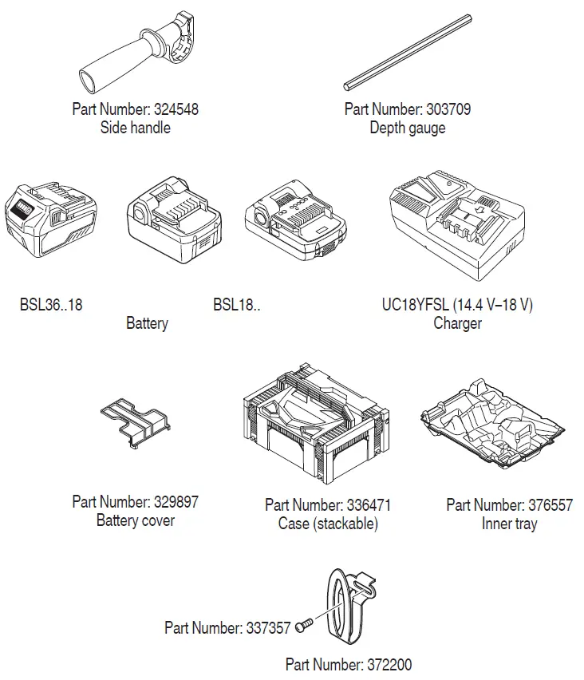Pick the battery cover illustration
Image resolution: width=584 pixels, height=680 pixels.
(x=136, y=423)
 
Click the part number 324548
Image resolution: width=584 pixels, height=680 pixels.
(x=174, y=109)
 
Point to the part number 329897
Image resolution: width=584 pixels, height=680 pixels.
(x=174, y=502)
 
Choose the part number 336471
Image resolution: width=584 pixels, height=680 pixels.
(x=367, y=505)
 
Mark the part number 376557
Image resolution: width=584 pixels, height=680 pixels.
(x=550, y=505)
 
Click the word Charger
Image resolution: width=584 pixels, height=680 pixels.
(x=457, y=323)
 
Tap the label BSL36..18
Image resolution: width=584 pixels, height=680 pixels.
(x=50, y=305)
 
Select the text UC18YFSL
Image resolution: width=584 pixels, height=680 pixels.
(x=414, y=305)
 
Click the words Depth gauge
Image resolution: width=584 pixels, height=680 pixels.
(x=407, y=128)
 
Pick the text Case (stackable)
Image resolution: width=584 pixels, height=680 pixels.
(x=327, y=524)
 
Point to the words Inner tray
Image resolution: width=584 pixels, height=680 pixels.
(x=509, y=524)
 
